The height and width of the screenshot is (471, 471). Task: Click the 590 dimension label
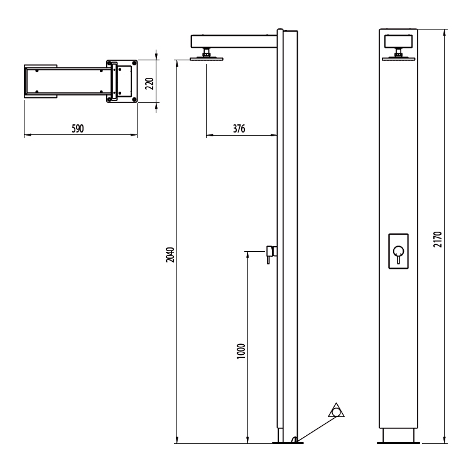[x=77, y=129]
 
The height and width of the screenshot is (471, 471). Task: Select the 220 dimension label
[x=149, y=84]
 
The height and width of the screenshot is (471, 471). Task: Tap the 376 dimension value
[x=239, y=129]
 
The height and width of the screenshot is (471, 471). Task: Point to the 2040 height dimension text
[x=170, y=255]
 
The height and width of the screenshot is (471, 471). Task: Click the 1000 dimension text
[x=241, y=351]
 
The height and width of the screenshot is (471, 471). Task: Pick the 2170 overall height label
[x=438, y=239]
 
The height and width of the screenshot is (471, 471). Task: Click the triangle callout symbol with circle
[x=337, y=411]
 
